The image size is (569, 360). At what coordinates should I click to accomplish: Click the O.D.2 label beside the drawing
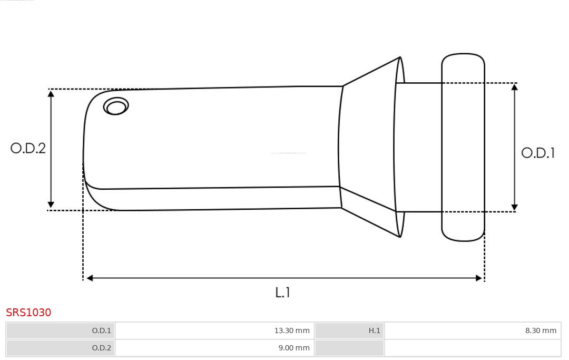click(x=28, y=148)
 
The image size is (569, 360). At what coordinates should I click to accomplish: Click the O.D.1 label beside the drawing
click(x=538, y=153)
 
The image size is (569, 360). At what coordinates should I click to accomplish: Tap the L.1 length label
click(x=283, y=293)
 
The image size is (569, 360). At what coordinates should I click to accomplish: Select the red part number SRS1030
click(x=28, y=313)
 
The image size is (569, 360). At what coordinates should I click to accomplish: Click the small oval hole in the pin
click(x=116, y=106)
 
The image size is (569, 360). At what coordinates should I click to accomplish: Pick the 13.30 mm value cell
click(x=215, y=330)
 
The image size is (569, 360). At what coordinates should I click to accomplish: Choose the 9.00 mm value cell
click(x=215, y=348)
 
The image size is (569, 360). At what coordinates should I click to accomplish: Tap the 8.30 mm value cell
click(x=473, y=330)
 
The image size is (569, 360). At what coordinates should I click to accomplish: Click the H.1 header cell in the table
click(x=349, y=330)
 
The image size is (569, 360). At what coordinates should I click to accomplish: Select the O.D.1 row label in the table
click(x=61, y=330)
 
